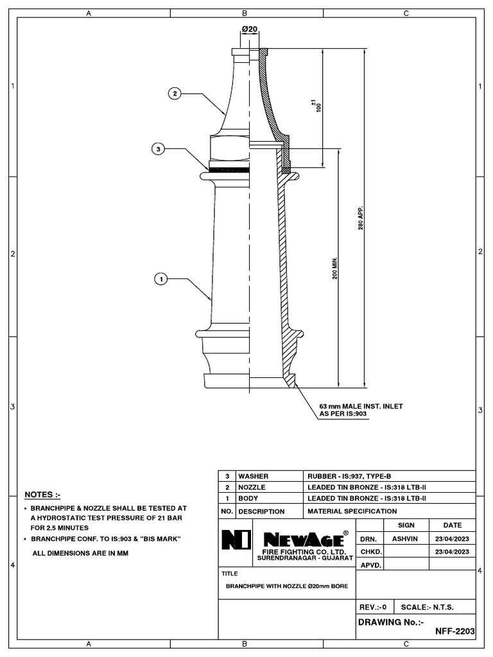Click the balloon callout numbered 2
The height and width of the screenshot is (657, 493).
[174, 94]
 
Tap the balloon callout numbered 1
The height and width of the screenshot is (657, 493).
[160, 279]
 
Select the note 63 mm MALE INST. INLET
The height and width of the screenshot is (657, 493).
[361, 406]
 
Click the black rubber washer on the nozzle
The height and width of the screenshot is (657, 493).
[229, 170]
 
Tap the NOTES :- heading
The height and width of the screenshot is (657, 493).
[42, 495]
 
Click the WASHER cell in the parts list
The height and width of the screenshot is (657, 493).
[253, 477]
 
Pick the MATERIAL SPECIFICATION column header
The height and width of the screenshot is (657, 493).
[352, 511]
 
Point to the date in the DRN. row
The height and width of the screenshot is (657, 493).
[453, 539]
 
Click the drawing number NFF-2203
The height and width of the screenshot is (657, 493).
[455, 631]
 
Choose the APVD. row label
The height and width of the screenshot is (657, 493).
[372, 565]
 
